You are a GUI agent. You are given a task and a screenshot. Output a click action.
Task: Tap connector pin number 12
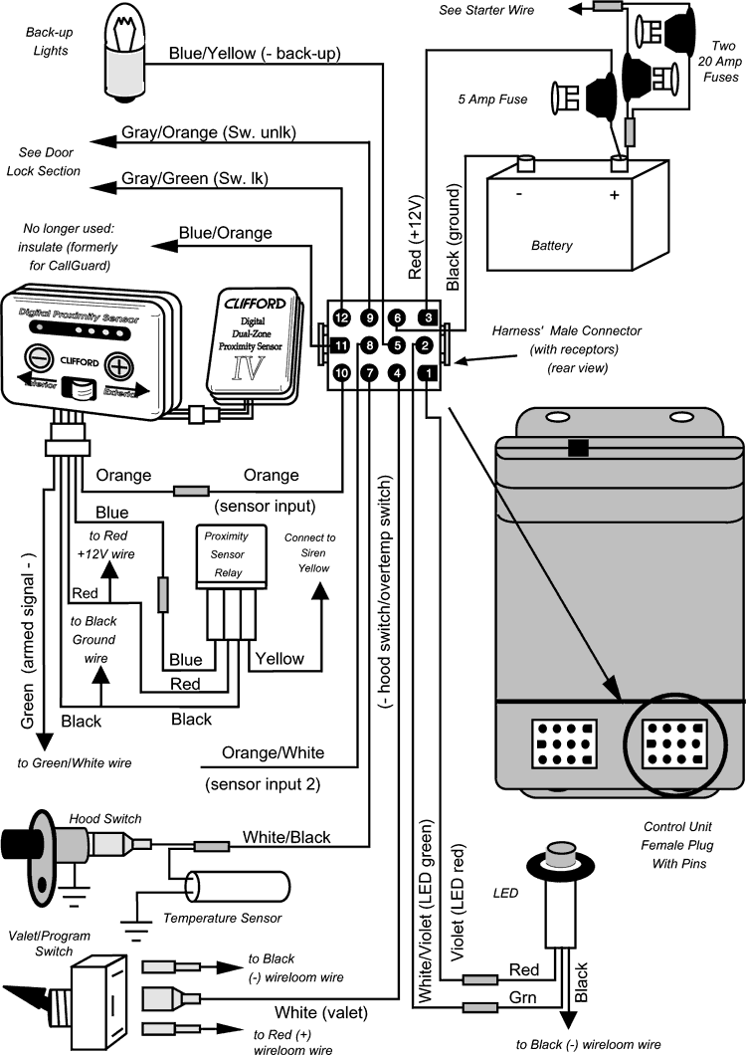tap(341, 317)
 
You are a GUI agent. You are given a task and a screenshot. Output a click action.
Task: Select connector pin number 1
tap(429, 373)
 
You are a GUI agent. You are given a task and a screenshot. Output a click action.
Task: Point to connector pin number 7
tap(369, 373)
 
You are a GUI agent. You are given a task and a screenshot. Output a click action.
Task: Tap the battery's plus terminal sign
tap(614, 194)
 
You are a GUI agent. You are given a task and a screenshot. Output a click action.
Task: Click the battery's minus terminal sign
tap(519, 194)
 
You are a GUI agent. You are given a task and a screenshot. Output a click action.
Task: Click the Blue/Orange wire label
tap(225, 233)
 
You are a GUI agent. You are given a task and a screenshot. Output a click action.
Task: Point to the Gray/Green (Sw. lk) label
tap(195, 179)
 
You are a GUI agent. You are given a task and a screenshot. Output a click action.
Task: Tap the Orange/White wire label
tap(273, 752)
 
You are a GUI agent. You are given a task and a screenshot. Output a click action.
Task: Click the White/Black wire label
tap(283, 838)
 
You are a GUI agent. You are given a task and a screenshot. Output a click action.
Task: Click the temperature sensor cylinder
tap(242, 888)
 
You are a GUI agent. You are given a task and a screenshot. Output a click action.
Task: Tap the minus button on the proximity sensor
tap(39, 356)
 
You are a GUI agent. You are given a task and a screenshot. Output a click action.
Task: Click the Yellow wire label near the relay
tap(280, 658)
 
